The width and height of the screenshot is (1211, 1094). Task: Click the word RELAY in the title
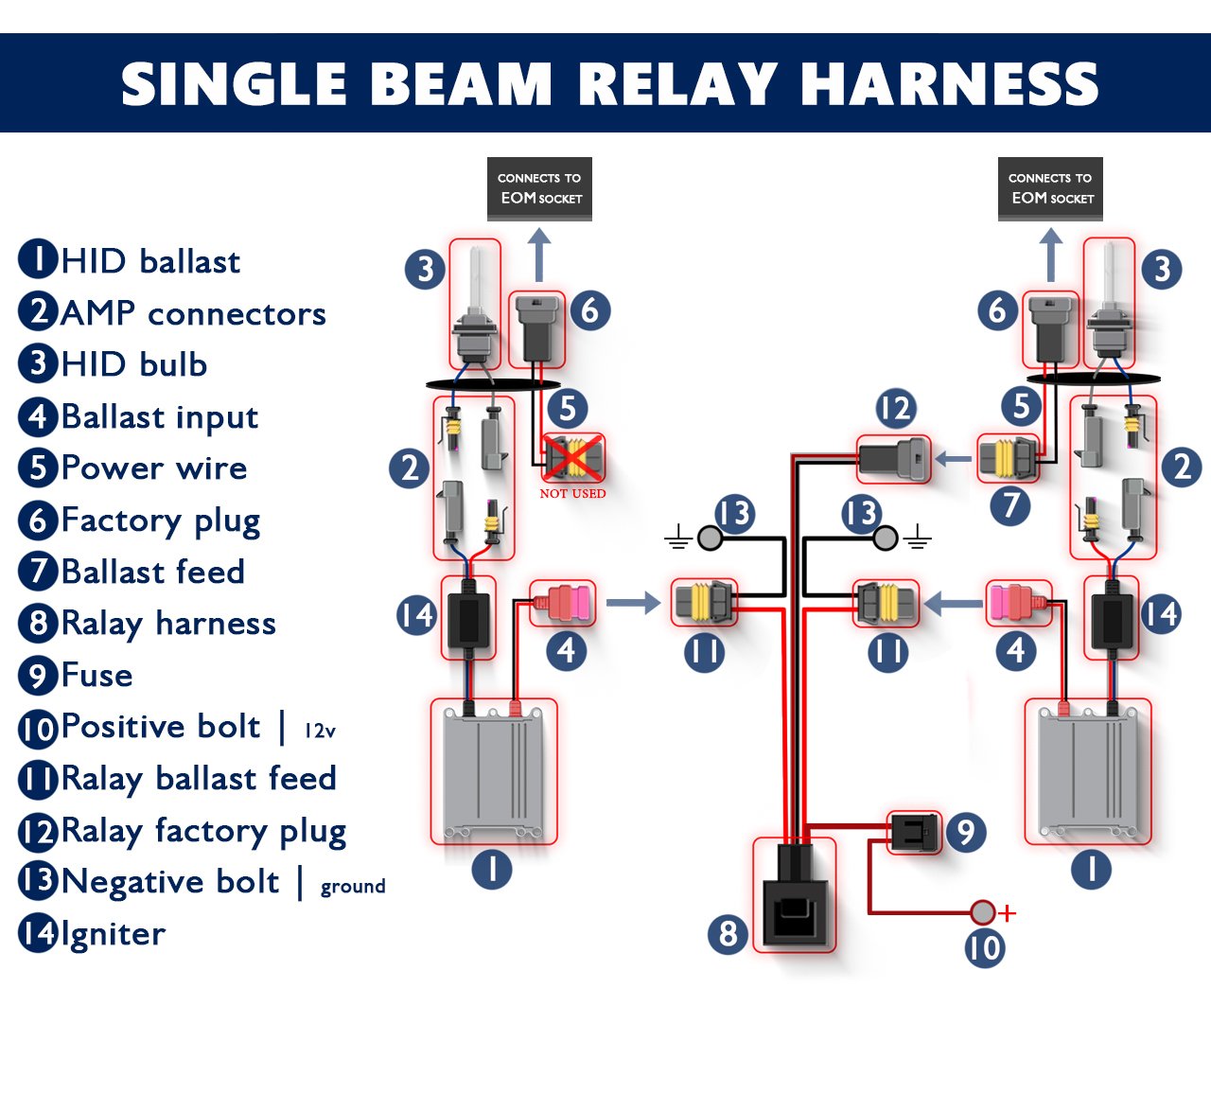click(x=677, y=83)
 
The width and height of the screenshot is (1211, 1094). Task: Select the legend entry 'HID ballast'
click(x=149, y=261)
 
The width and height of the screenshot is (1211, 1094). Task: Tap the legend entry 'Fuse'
click(x=96, y=676)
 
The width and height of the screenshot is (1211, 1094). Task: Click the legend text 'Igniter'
click(x=113, y=934)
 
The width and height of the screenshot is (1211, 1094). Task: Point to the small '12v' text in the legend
click(x=320, y=731)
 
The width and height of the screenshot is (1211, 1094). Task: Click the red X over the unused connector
click(x=571, y=458)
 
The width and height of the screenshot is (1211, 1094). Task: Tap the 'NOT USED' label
click(x=572, y=494)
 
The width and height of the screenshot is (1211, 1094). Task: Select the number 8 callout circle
click(x=728, y=934)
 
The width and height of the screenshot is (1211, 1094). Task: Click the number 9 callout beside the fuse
click(x=965, y=832)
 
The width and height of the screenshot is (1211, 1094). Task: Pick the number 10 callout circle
click(x=984, y=947)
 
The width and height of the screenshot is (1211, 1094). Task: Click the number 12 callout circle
click(x=895, y=408)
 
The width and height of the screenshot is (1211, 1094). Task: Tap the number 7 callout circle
click(x=1010, y=505)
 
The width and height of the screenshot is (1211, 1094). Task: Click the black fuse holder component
click(x=914, y=832)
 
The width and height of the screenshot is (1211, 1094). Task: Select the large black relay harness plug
click(x=795, y=894)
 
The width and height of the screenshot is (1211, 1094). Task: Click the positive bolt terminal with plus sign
click(x=984, y=912)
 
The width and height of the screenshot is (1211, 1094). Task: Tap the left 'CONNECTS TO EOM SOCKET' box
click(x=539, y=188)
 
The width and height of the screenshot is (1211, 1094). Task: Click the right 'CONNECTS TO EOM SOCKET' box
click(x=1050, y=188)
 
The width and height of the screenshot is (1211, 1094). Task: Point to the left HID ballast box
click(x=493, y=771)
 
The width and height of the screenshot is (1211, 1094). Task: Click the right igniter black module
click(x=1112, y=616)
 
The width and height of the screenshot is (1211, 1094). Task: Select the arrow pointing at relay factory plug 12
click(x=953, y=460)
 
